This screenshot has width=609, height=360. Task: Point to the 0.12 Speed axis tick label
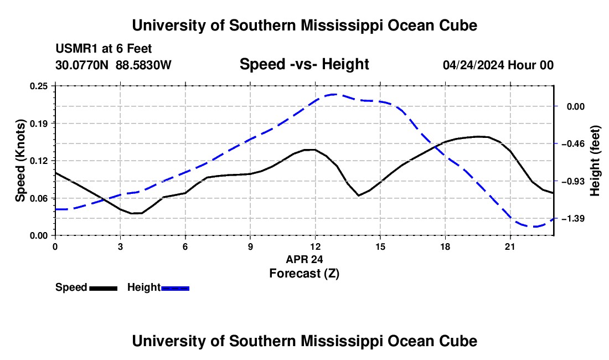coord(39,161)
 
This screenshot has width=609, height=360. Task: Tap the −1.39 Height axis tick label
coord(573,219)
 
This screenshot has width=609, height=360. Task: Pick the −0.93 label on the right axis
coord(573,181)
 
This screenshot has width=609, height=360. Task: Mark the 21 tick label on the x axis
coord(510,246)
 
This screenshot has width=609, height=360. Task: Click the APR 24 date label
coord(304,259)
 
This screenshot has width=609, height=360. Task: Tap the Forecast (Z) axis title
coord(304,274)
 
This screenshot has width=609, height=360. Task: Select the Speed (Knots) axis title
coord(20,161)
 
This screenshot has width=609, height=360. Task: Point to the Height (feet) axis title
coord(595,161)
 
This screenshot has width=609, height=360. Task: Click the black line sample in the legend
coord(104,288)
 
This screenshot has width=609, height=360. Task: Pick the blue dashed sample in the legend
coord(175,288)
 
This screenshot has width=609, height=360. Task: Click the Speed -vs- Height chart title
coord(304,64)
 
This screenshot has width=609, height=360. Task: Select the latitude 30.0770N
coord(82,65)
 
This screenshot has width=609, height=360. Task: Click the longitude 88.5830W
coord(144,65)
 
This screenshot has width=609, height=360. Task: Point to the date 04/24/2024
coord(473,65)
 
